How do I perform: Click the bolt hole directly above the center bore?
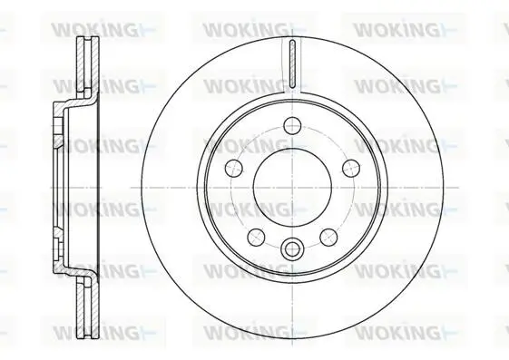pos(292,125)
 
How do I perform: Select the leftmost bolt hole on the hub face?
pos(234,169)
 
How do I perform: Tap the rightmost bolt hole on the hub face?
pos(351,169)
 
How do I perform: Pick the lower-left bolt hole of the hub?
pos(256,237)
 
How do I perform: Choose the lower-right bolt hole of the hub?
pos(328,237)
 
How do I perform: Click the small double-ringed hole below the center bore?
pos(292,249)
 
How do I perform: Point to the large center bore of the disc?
pos(292,188)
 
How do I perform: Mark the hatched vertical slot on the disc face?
pos(292,63)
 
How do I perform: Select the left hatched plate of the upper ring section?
pos(81,65)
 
